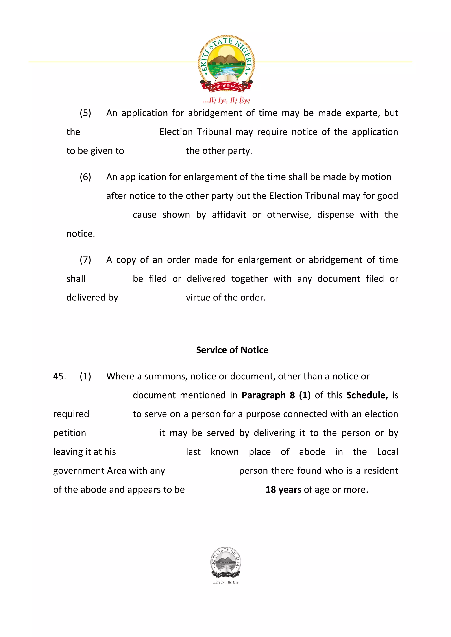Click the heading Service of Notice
pos(232,350)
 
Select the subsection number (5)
pos(85,113)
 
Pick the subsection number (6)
pos(85,177)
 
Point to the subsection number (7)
pos(85,260)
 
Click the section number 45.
pos(59,376)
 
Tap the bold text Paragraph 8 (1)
pos(276,395)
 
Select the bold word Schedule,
pos(367,395)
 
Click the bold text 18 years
pos(283,490)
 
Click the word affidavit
pos(229,215)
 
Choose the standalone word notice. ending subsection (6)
pos(81,234)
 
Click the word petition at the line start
pos(69,433)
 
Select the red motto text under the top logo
pos(226,100)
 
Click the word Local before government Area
pos(387,452)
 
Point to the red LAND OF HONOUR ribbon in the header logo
pos(226,87)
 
